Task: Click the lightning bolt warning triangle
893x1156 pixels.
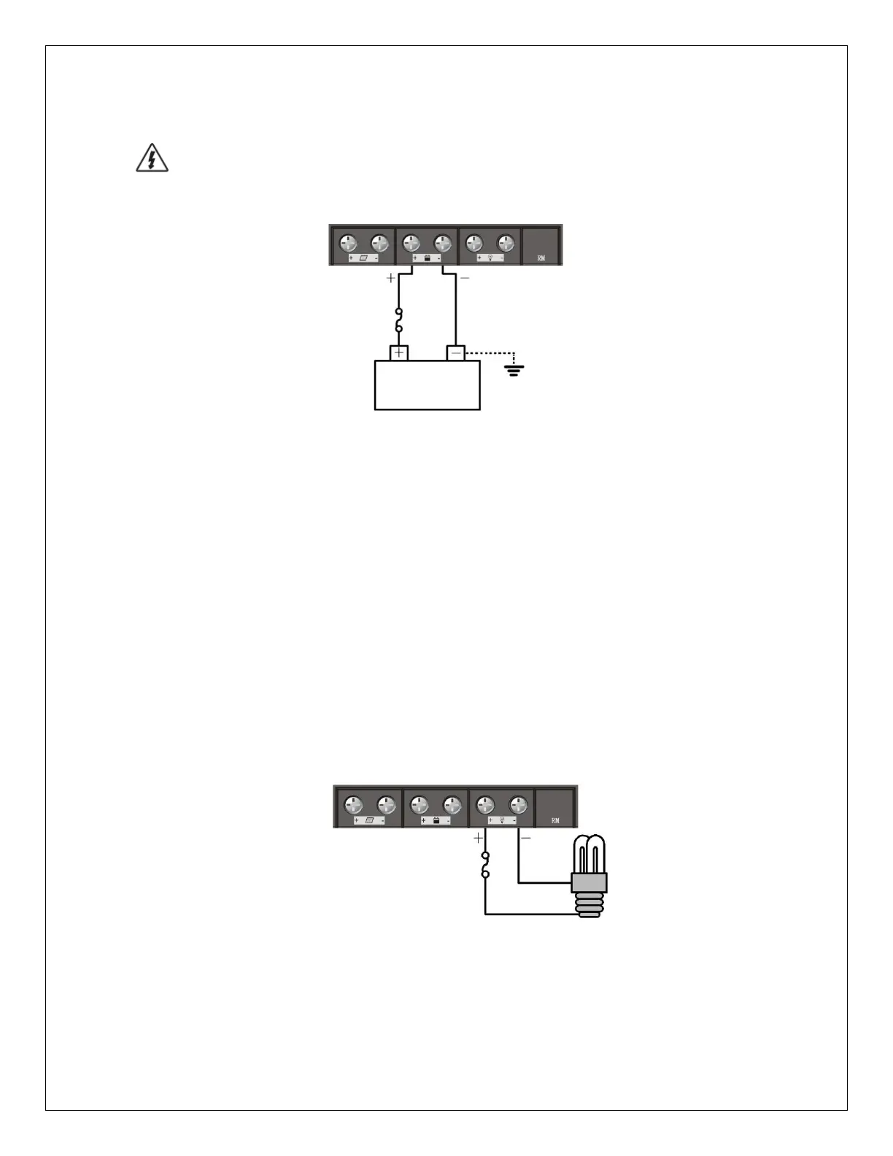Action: pyautogui.click(x=152, y=159)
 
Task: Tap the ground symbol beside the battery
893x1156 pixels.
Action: pyautogui.click(x=514, y=369)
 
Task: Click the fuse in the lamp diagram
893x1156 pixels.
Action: pyautogui.click(x=485, y=865)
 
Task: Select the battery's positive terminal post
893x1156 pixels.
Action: pyautogui.click(x=399, y=353)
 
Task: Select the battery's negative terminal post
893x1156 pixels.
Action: pyautogui.click(x=456, y=353)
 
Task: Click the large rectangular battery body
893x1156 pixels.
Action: pyautogui.click(x=427, y=385)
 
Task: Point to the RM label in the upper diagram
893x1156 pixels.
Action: pyautogui.click(x=541, y=258)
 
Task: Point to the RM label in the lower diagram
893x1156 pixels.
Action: pyautogui.click(x=555, y=820)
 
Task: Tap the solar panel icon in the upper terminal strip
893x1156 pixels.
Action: pyautogui.click(x=363, y=258)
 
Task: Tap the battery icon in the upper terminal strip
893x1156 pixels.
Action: pyautogui.click(x=427, y=258)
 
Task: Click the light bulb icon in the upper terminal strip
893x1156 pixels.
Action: pyautogui.click(x=490, y=258)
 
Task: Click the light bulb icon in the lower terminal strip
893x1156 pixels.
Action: pyautogui.click(x=503, y=820)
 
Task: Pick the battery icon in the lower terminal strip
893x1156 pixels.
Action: pyautogui.click(x=436, y=820)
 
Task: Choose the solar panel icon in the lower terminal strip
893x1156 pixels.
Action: pyautogui.click(x=369, y=820)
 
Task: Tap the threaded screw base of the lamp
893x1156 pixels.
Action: pyautogui.click(x=589, y=905)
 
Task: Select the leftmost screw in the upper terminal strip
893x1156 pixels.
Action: pyautogui.click(x=348, y=243)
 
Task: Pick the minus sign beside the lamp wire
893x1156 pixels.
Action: pyautogui.click(x=526, y=839)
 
